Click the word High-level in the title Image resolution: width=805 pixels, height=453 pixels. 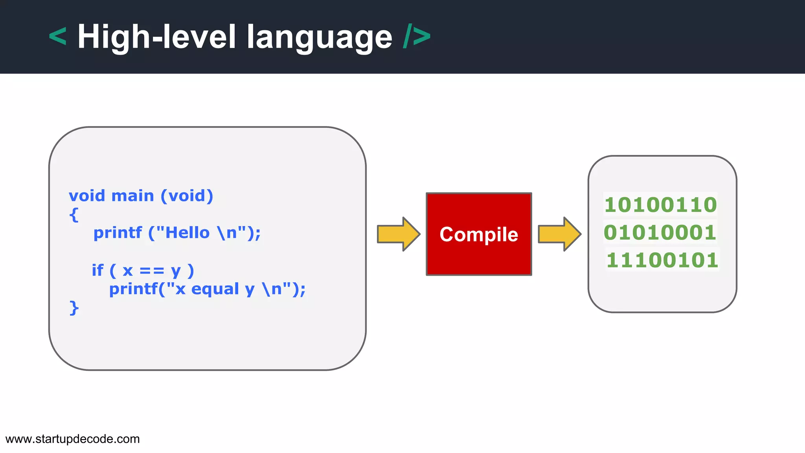pos(156,37)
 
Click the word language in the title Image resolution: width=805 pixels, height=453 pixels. pos(319,37)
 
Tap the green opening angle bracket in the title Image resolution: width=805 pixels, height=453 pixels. pos(58,36)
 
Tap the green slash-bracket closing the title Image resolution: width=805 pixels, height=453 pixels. pos(417,36)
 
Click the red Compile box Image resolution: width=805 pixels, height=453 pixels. pos(479,234)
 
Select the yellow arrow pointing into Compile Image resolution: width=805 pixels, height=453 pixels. pos(398,234)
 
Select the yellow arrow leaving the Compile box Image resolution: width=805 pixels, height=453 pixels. pos(559,234)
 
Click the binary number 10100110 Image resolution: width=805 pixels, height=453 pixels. pos(660,205)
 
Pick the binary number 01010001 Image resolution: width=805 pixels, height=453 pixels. pos(660,232)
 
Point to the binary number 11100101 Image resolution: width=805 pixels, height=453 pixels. pos(662,260)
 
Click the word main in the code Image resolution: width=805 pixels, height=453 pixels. pos(132,196)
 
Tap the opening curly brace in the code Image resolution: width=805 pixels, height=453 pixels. pos(74,215)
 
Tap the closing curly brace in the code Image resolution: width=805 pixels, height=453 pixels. pos(74,308)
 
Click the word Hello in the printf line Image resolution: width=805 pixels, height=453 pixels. pos(187,233)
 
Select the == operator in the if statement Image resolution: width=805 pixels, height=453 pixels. pos(152,271)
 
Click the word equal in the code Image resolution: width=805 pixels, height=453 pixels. pos(215,289)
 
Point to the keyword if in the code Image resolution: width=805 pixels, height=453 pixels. pos(97,270)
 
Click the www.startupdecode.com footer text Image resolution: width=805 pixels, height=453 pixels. pos(73,439)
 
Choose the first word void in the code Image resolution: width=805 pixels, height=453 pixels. pos(87,196)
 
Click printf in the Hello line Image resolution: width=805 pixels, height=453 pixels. pos(117,233)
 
